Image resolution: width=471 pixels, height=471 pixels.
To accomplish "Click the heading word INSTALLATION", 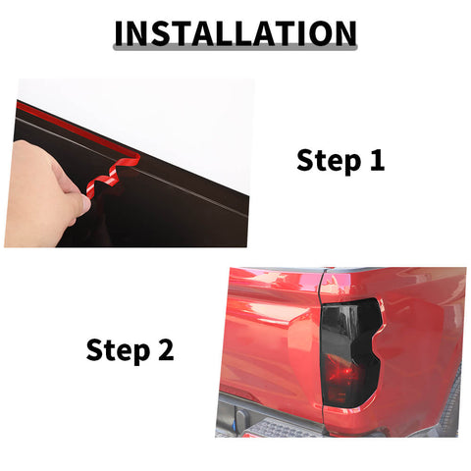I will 235,32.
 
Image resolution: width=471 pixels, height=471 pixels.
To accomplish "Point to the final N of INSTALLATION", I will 340,32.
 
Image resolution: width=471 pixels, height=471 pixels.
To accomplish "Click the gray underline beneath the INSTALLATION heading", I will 235,49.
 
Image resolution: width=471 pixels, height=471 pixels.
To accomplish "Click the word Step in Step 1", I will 327,160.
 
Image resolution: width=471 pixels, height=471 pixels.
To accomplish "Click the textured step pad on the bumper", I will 285,428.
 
